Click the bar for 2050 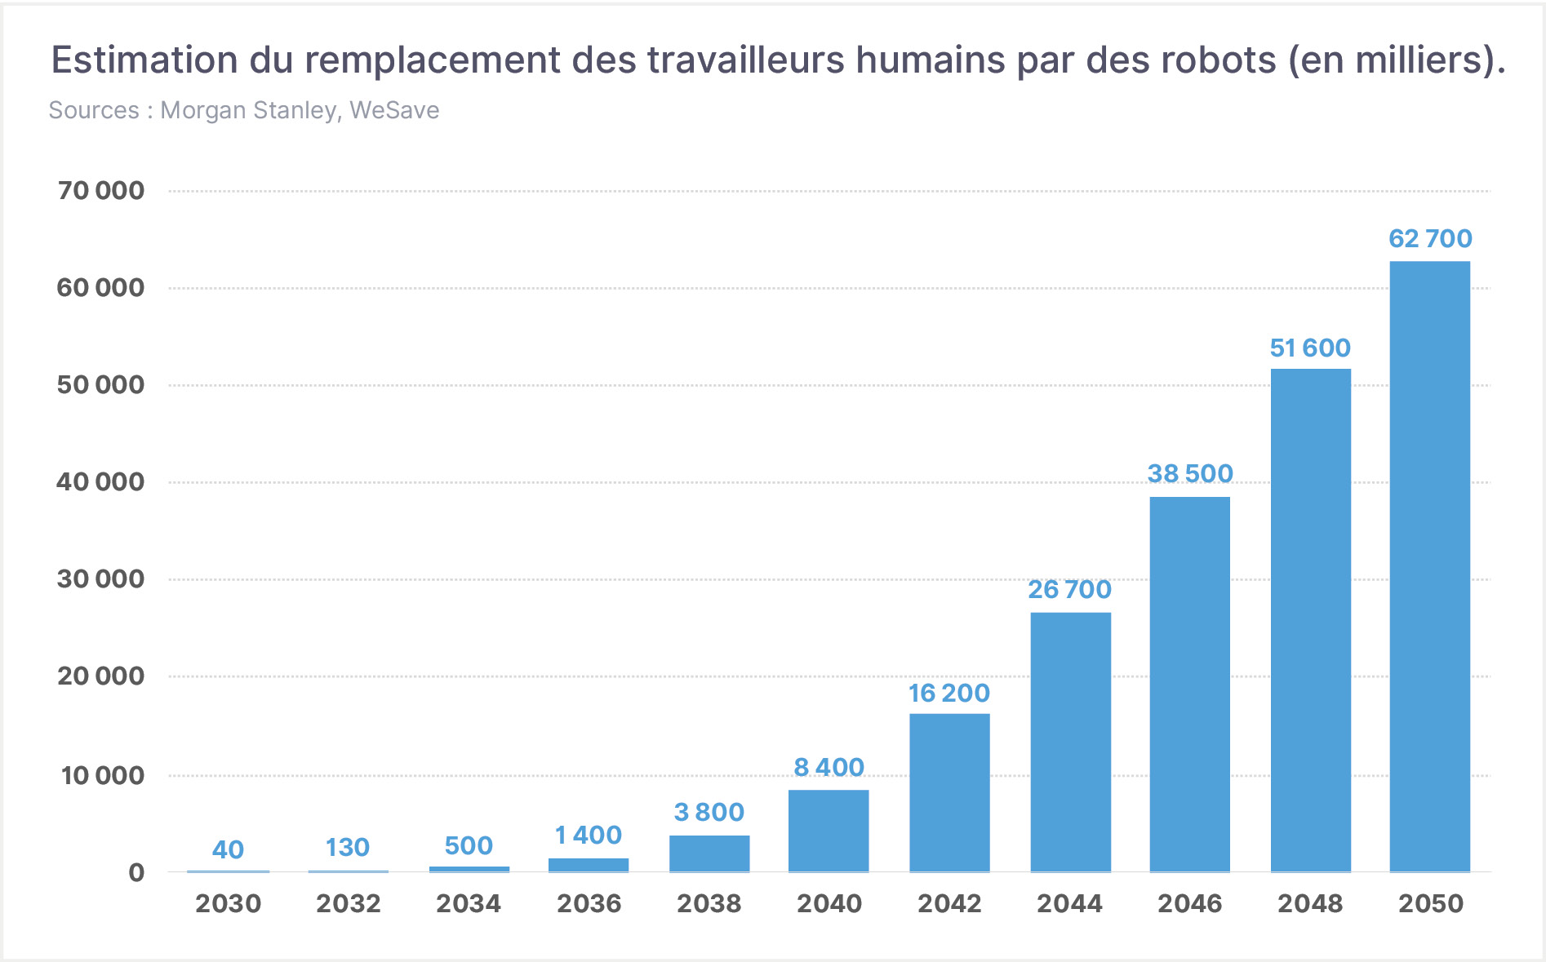1430,566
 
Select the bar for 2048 1311,620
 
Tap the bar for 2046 1190,684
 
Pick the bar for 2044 1070,742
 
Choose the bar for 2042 950,793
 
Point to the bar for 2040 829,831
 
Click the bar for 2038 709,853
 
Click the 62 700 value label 1430,238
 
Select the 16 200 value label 949,693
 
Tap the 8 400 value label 829,767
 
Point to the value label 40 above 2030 228,849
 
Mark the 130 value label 348,847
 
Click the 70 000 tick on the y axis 100,190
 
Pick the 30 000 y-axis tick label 100,579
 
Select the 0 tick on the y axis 136,872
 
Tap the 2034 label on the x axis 469,903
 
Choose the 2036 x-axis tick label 589,903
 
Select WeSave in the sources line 394,110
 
